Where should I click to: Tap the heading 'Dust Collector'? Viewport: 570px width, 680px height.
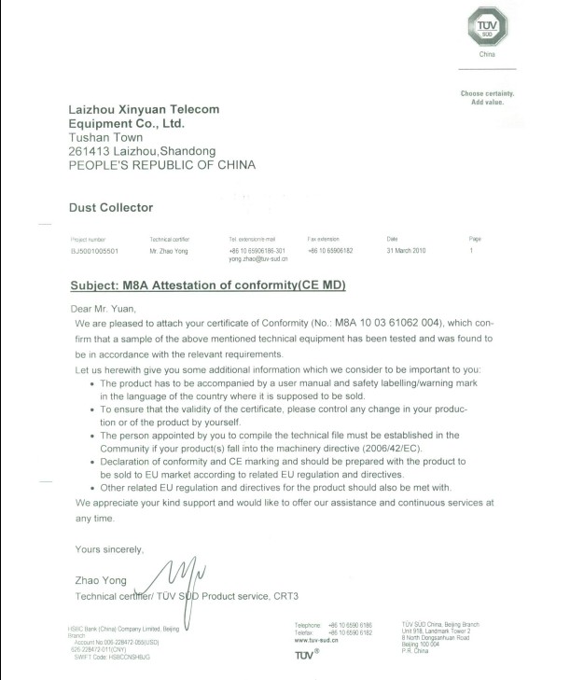tap(111, 207)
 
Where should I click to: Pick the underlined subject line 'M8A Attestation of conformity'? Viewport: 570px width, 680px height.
tap(210, 284)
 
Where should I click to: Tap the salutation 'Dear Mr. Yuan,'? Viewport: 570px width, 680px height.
tap(104, 308)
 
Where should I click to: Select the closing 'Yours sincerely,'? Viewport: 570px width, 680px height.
tap(109, 548)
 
